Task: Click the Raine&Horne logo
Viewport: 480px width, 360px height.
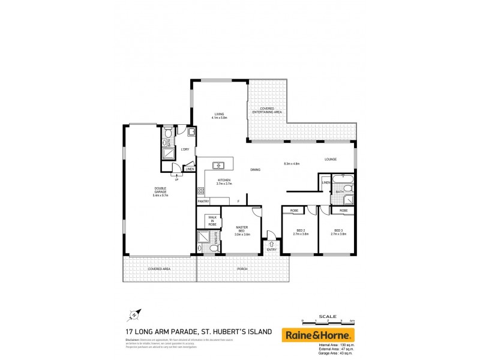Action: click(x=318, y=334)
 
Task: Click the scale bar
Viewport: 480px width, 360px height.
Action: click(x=328, y=322)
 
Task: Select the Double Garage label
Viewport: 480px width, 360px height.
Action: click(x=161, y=191)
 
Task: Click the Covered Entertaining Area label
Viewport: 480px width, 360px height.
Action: click(x=267, y=110)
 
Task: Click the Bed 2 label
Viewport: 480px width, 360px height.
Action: click(x=300, y=232)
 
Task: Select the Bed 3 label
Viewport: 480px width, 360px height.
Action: click(x=338, y=232)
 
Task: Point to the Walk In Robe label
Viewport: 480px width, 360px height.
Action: click(x=213, y=220)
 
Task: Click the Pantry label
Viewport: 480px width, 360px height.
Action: click(x=203, y=202)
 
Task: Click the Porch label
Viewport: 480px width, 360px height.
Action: click(x=242, y=269)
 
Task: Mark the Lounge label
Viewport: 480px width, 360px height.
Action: click(x=331, y=159)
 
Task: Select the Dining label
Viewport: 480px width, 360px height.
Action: click(x=256, y=170)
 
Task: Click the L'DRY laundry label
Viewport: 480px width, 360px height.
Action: click(x=185, y=149)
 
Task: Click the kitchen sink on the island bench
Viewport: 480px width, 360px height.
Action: click(x=218, y=165)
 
